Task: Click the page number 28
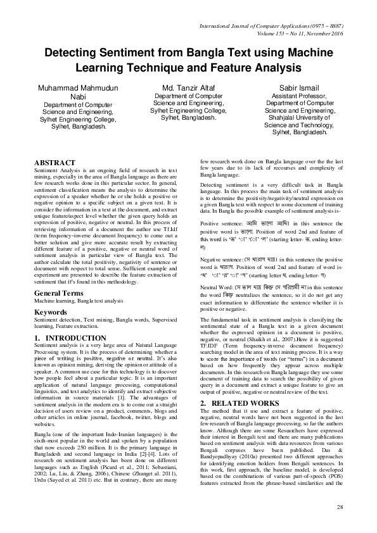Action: (x=340, y=508)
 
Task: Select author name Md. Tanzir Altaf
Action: (x=188, y=87)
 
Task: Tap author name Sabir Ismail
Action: (x=299, y=87)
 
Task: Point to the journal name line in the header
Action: (x=285, y=26)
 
